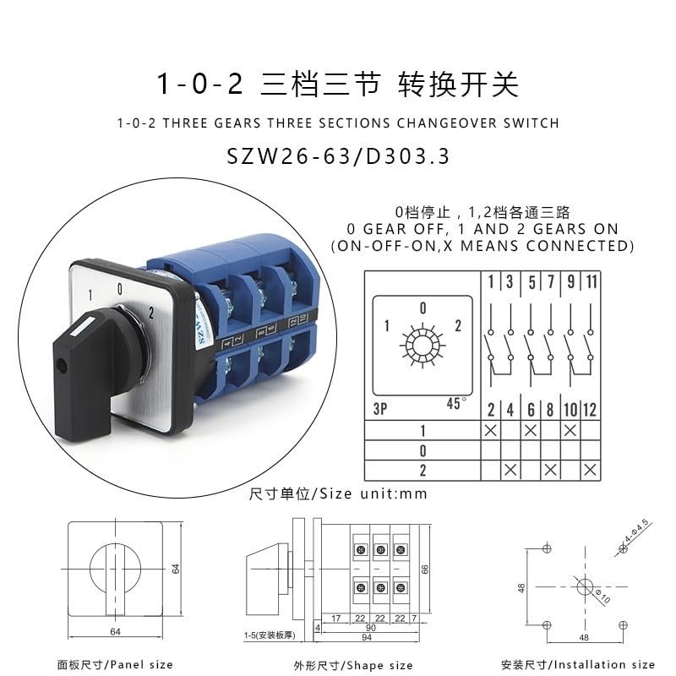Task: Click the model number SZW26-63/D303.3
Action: pos(338,157)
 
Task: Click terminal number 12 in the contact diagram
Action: pos(590,409)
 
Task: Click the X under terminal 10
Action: pos(570,430)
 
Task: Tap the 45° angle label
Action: pos(456,403)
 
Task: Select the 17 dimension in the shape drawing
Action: pos(336,619)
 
